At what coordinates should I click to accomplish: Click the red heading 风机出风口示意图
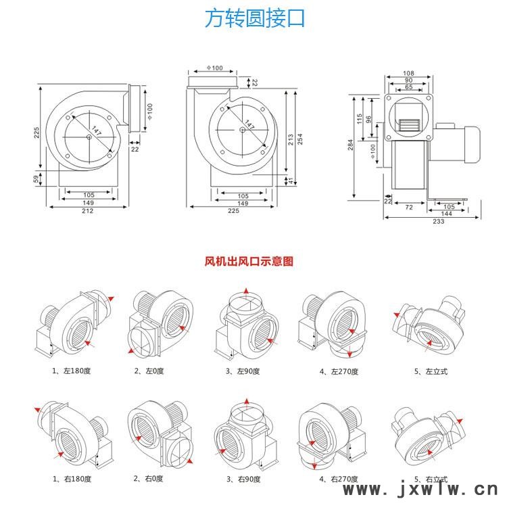click(x=249, y=262)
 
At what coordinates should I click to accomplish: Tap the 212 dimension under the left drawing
click(x=88, y=211)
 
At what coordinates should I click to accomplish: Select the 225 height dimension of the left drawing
click(x=37, y=133)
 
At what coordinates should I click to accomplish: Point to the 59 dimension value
click(x=37, y=179)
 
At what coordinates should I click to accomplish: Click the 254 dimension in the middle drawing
click(x=300, y=139)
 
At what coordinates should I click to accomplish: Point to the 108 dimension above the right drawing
click(x=408, y=73)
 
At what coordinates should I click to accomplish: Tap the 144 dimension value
click(x=448, y=213)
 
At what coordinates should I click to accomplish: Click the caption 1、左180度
click(x=72, y=371)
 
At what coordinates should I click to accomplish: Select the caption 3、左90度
click(x=243, y=371)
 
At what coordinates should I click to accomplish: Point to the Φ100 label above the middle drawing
click(x=213, y=68)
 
